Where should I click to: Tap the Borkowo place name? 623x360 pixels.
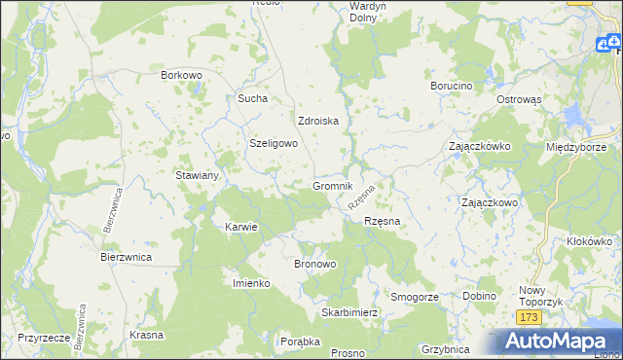(180, 74)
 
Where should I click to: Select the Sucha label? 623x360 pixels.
(252, 98)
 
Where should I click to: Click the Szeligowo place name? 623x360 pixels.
(274, 142)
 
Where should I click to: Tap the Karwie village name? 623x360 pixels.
(240, 227)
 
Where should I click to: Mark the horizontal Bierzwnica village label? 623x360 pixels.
(127, 258)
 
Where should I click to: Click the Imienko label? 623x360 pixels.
(250, 283)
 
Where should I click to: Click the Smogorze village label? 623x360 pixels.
(415, 296)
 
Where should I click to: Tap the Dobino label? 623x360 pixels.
(479, 296)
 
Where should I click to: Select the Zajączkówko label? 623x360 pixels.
(480, 146)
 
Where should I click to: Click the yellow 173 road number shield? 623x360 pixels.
(529, 318)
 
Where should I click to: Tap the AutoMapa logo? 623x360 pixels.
(561, 342)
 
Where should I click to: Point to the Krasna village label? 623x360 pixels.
(146, 334)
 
